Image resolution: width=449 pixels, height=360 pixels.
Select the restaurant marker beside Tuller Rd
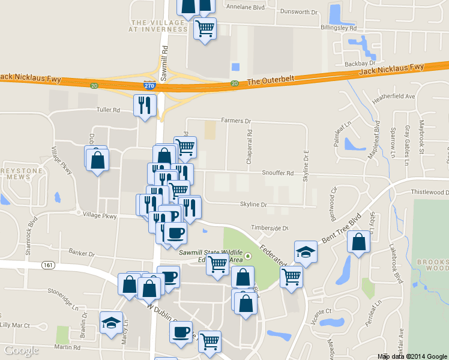click(144, 106)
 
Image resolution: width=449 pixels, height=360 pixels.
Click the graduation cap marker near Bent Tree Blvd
click(306, 251)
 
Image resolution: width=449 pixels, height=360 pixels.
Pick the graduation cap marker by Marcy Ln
click(111, 323)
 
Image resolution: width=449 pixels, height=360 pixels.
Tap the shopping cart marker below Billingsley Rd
click(205, 28)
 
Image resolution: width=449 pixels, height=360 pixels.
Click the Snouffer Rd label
click(277, 173)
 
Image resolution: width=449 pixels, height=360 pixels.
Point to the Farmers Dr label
click(235, 121)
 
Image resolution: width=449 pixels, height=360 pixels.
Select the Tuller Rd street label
click(109, 110)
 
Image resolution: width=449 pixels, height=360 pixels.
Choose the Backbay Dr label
click(360, 63)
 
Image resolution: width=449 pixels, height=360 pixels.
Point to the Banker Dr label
click(82, 252)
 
